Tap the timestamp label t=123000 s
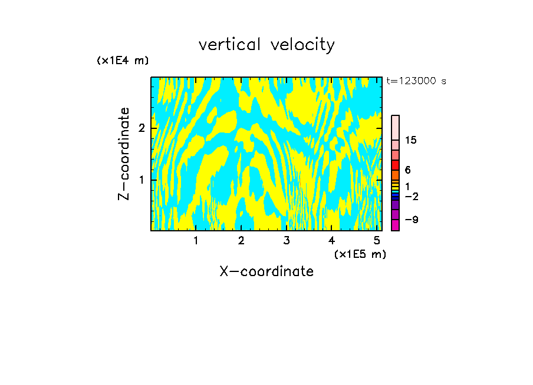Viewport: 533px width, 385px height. tap(416, 81)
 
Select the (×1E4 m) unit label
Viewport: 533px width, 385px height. tap(123, 61)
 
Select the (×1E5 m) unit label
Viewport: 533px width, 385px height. tap(360, 254)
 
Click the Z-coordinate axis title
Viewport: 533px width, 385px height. tap(124, 154)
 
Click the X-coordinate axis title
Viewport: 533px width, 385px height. tap(266, 271)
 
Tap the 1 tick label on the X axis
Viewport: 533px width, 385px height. tap(196, 241)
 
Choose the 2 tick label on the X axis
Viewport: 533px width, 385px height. tap(241, 241)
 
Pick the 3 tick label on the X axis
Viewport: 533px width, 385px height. tap(287, 241)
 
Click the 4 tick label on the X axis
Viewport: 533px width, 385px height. tap(332, 241)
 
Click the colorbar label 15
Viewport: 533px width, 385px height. tap(411, 140)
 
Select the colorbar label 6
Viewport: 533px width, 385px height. tap(407, 170)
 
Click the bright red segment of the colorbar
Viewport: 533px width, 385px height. tap(395, 165)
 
